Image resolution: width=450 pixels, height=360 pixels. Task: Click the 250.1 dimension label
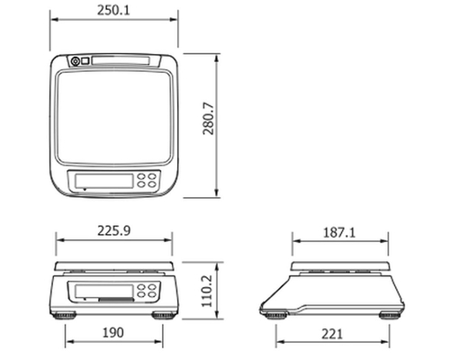pos(113,10)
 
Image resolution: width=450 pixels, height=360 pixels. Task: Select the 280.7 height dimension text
pos(208,119)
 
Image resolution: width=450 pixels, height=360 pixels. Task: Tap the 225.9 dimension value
pos(114,230)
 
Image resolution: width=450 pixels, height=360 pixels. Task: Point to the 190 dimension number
pos(112,332)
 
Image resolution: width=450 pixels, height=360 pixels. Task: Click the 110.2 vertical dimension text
pos(207,291)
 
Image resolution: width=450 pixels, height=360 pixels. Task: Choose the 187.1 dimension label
pos(339,232)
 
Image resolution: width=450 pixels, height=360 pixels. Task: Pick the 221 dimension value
pos(332,334)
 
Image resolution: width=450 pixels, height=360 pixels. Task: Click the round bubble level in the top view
pos(76,61)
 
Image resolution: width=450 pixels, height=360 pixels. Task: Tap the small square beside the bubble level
pos(85,61)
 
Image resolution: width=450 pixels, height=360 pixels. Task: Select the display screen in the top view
pos(103,181)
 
